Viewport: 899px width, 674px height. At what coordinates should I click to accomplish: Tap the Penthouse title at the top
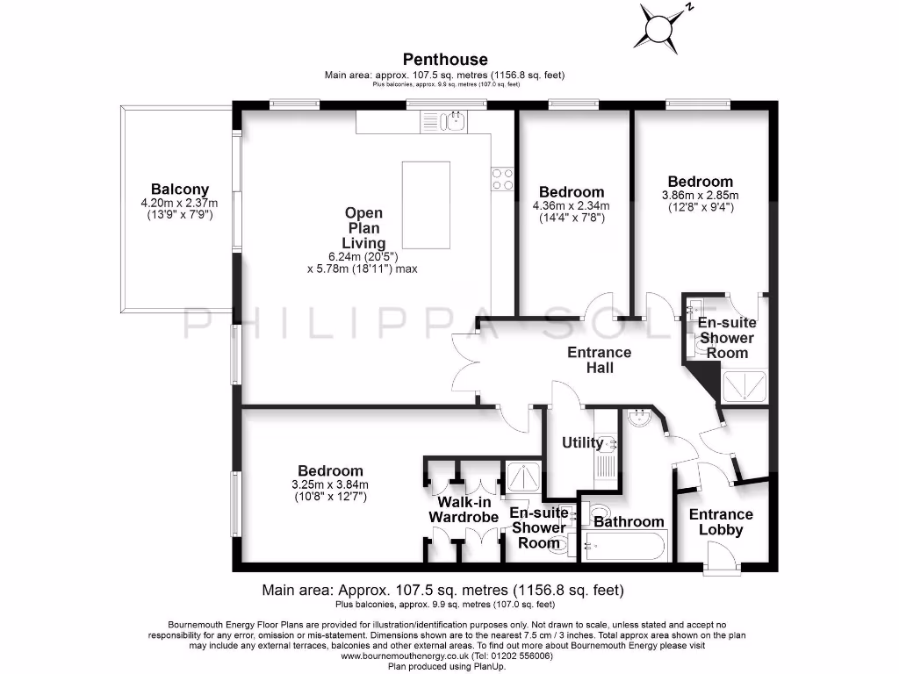tap(445, 60)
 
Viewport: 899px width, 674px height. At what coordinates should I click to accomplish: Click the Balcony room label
tap(180, 189)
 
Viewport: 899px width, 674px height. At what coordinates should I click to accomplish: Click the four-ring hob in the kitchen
tap(502, 179)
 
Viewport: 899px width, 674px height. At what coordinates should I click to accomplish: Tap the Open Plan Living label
tap(363, 227)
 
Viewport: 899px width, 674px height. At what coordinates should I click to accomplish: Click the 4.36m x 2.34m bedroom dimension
tap(572, 206)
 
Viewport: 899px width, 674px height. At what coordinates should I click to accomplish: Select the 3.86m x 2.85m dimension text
tap(700, 196)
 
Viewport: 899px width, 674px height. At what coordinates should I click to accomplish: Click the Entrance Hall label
tap(600, 360)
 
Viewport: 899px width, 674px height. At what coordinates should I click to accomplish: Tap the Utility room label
tap(582, 442)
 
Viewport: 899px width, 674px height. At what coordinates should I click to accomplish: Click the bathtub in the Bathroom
tap(619, 546)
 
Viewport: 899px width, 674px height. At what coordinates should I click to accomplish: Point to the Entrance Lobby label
tap(721, 522)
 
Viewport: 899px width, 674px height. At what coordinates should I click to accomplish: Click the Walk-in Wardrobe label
tap(464, 510)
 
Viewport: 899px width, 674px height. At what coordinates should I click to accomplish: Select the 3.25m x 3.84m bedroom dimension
tap(330, 484)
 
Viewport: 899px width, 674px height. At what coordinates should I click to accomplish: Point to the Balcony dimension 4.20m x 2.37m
tap(180, 203)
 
